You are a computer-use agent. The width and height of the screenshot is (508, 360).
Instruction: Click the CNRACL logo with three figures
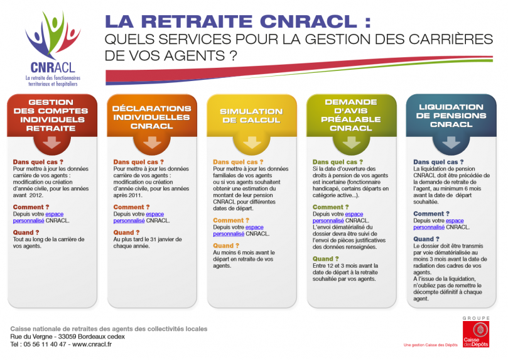[x=53, y=48]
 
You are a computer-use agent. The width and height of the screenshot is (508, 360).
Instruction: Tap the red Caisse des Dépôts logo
[x=476, y=334]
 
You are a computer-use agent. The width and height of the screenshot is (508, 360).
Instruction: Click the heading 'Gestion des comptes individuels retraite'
[x=51, y=116]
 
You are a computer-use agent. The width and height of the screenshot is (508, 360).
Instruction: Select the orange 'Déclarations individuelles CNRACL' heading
[x=151, y=117]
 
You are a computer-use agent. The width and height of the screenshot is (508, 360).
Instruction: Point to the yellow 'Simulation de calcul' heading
[x=251, y=116]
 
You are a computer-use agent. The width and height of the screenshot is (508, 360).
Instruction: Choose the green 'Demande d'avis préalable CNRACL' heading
[x=351, y=115]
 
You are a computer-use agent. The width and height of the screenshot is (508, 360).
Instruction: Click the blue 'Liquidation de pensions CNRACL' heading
[x=451, y=116]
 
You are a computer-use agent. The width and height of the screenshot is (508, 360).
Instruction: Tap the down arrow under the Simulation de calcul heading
[x=252, y=143]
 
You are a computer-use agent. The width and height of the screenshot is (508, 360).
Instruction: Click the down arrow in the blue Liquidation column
[x=451, y=143]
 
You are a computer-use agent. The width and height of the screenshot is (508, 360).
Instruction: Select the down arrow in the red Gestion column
[x=52, y=143]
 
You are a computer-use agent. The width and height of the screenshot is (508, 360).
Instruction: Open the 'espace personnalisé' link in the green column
[x=338, y=217]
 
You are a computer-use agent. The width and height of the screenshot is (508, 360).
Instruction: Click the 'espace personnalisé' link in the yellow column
[x=238, y=231]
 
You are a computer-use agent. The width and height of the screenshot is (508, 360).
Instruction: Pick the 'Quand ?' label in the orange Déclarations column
[x=126, y=232]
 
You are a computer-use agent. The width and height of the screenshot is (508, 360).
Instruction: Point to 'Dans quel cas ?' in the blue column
[x=438, y=161]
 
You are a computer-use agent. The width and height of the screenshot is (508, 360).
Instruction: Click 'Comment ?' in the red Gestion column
[x=31, y=207]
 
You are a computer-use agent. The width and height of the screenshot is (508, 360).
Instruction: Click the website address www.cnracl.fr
[x=92, y=344]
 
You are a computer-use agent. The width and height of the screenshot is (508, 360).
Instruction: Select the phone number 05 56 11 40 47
[x=45, y=344]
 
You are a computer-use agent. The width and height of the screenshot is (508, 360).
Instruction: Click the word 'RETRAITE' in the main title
[x=197, y=21]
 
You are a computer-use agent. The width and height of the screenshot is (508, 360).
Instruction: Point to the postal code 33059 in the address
[x=67, y=337]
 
